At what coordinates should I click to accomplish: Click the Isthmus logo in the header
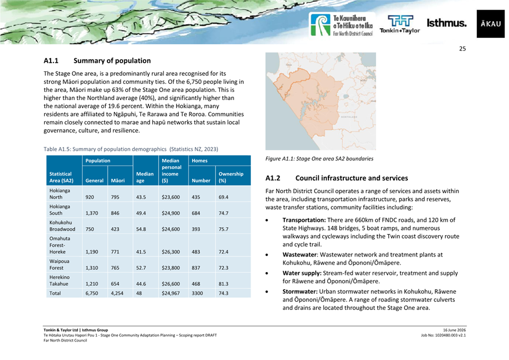click(x=446, y=23)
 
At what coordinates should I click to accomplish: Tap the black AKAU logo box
click(x=491, y=24)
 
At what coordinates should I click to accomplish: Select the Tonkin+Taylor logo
click(x=400, y=24)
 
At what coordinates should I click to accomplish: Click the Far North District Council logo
click(x=342, y=25)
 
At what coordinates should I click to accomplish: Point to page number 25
click(x=462, y=49)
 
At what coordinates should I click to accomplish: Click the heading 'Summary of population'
click(x=112, y=61)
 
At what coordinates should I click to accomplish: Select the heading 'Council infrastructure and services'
click(x=351, y=178)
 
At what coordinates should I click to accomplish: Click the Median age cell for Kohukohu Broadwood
click(x=141, y=229)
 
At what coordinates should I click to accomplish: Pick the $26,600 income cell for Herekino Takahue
click(x=171, y=284)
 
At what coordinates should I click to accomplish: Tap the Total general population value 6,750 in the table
click(x=91, y=293)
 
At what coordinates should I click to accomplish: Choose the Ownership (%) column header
click(x=231, y=177)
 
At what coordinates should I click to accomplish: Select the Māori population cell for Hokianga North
click(x=115, y=197)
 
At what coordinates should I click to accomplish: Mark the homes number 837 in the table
click(x=196, y=268)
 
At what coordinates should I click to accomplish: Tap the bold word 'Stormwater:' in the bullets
click(x=300, y=292)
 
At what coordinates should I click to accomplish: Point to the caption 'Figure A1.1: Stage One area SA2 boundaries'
click(x=319, y=159)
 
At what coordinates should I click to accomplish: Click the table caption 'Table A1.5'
click(x=57, y=150)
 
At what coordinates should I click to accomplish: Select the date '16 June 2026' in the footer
click(x=454, y=330)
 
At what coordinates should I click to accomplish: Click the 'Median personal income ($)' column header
click(x=172, y=170)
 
